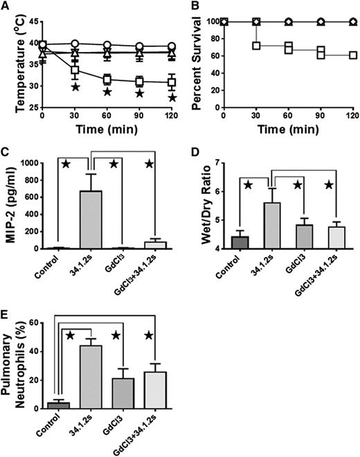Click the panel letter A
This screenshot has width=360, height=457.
tap(6, 6)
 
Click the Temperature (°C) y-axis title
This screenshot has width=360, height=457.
tap(9, 51)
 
